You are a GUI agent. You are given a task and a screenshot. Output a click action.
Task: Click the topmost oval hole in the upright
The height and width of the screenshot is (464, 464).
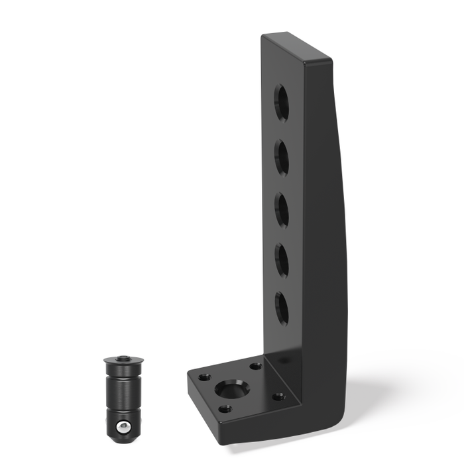282,103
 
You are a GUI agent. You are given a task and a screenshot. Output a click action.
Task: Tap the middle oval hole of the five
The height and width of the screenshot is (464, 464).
282,209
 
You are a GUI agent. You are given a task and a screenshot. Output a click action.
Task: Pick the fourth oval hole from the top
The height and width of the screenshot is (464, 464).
282,259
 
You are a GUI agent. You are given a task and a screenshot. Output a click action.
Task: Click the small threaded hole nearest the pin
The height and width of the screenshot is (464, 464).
204,377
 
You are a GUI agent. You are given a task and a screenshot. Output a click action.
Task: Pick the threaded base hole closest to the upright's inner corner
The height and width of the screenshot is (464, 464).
256,365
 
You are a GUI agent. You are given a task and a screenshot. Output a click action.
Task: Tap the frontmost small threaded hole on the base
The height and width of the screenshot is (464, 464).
226,409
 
